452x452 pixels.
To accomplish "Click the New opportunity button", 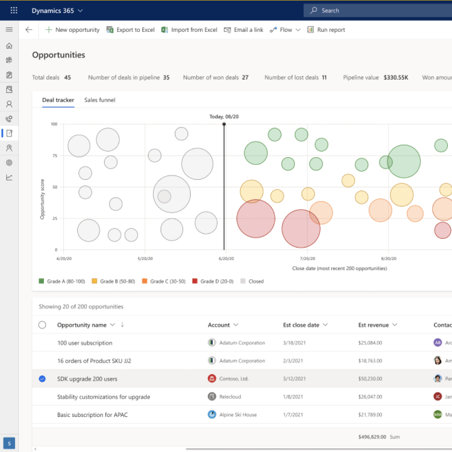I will click(x=72, y=30).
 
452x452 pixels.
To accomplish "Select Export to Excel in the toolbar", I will click(x=131, y=30).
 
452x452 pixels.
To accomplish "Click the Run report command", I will click(x=326, y=30).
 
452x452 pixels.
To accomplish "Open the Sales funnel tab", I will click(x=99, y=100).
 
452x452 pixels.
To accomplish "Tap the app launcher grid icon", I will click(x=14, y=11).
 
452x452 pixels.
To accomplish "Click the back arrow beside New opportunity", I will click(x=29, y=30).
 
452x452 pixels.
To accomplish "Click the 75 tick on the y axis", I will click(x=54, y=155).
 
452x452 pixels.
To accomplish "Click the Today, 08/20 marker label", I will click(x=224, y=117).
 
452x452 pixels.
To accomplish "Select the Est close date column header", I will click(x=301, y=325).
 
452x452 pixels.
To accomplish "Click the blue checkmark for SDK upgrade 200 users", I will click(x=42, y=379).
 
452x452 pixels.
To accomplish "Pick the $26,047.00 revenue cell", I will click(x=370, y=397).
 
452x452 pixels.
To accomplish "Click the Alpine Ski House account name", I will click(x=238, y=415).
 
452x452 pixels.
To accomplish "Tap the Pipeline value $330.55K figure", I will click(x=396, y=78).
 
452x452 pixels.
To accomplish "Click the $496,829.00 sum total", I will click(x=372, y=437).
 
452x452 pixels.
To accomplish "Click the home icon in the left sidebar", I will click(x=9, y=46).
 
